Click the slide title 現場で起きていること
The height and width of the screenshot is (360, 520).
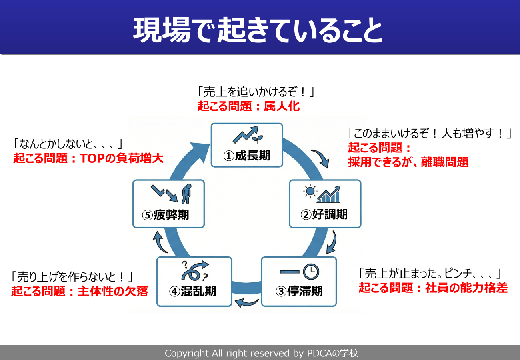click(258, 30)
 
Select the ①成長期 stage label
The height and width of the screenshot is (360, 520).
click(247, 156)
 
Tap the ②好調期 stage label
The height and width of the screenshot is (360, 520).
click(324, 214)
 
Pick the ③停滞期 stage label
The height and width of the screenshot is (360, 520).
click(299, 291)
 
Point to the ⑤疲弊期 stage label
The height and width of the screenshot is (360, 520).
click(166, 215)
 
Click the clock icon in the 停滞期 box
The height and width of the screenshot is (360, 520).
click(311, 272)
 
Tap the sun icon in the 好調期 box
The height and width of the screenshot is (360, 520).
click(310, 191)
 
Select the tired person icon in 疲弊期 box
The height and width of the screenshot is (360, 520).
click(186, 194)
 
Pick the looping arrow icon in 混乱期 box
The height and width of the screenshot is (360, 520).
click(195, 271)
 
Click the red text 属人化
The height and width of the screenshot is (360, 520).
click(282, 106)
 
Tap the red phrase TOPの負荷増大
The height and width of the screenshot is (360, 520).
click(122, 158)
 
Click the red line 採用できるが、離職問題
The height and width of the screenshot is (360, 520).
click(408, 162)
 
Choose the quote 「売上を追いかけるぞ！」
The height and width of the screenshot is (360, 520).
click(256, 92)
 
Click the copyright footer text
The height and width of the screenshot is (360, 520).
click(262, 353)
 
